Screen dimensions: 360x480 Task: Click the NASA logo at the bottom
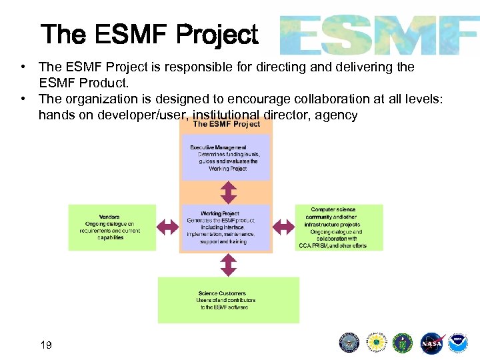[431, 343]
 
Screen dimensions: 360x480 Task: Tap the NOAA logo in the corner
[458, 343]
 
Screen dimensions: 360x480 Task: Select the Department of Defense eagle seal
[349, 343]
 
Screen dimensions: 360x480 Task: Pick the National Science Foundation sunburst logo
[377, 343]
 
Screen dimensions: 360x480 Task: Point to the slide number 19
[46, 345]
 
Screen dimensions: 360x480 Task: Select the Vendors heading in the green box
[109, 217]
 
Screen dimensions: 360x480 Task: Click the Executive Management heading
[218, 147]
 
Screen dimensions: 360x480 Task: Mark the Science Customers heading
[222, 293]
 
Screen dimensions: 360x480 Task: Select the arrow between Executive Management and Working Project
[228, 192]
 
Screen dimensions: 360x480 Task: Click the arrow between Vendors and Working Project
[167, 227]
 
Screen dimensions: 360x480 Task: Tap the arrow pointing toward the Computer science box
[285, 227]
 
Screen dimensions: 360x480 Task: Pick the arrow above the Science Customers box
[228, 265]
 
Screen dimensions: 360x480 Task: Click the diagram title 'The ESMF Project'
[227, 124]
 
